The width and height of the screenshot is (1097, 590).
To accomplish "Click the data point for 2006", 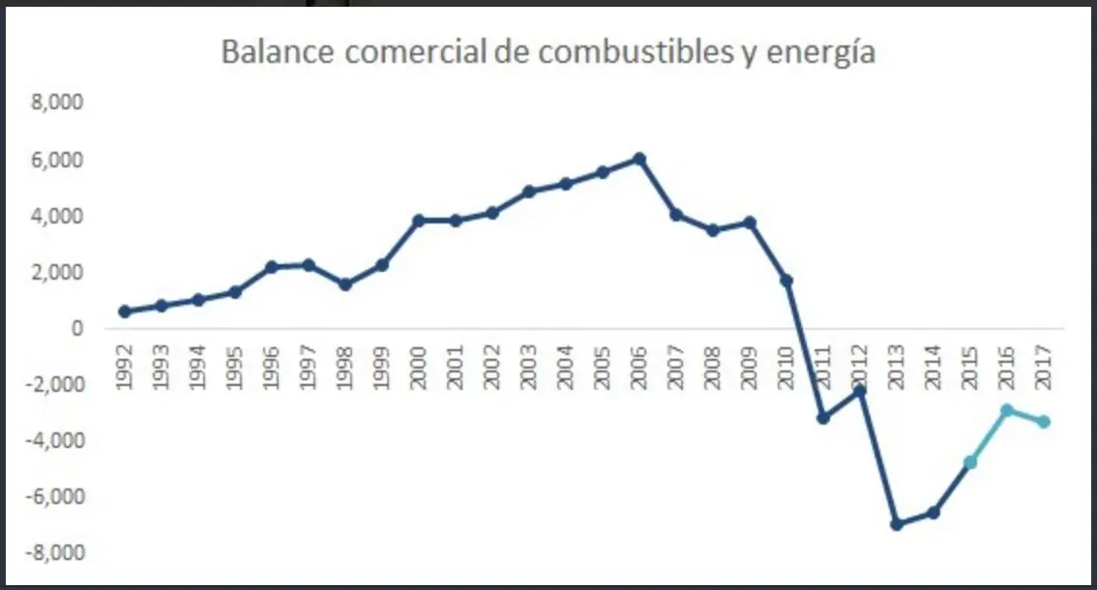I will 638,159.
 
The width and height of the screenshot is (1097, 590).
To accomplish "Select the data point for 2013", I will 896,524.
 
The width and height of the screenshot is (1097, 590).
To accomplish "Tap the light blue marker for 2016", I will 1006,410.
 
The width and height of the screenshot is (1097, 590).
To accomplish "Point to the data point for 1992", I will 125,311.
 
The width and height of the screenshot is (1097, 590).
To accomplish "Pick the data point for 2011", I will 822,418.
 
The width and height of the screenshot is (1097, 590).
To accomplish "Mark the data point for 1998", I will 345,284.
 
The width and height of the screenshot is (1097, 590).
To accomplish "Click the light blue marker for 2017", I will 1043,422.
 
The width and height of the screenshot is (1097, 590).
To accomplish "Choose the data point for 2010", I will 786,280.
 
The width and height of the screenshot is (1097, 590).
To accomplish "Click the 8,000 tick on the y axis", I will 59,103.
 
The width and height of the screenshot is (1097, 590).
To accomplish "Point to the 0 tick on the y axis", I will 77,328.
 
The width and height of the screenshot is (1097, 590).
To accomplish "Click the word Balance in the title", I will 279,52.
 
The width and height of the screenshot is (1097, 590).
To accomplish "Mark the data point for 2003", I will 528,192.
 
